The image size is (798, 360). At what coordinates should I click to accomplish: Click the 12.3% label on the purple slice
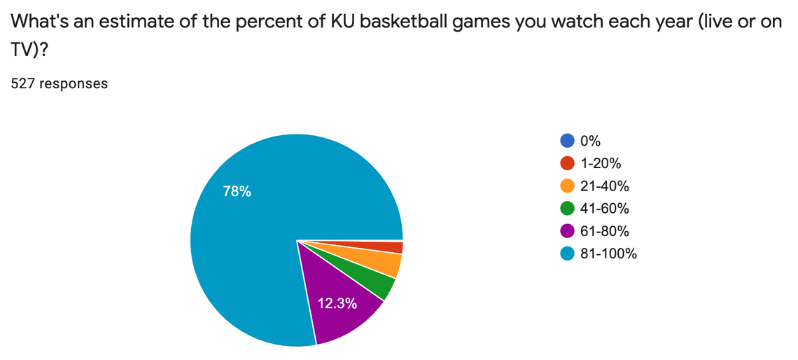click(338, 303)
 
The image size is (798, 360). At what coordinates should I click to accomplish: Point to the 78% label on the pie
click(237, 191)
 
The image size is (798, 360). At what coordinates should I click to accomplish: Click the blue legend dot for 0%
click(568, 141)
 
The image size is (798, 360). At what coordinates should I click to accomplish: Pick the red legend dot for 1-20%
click(568, 164)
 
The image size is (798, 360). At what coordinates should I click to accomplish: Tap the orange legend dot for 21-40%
click(568, 186)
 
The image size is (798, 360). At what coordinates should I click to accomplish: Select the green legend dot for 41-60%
click(568, 209)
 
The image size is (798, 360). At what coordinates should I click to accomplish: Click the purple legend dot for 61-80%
click(568, 231)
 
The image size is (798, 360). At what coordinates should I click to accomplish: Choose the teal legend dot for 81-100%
click(568, 254)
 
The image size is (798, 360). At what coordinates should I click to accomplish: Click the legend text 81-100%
click(608, 254)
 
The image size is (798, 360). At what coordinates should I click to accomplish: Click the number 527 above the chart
click(23, 83)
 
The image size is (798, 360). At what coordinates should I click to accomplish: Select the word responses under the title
click(73, 83)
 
